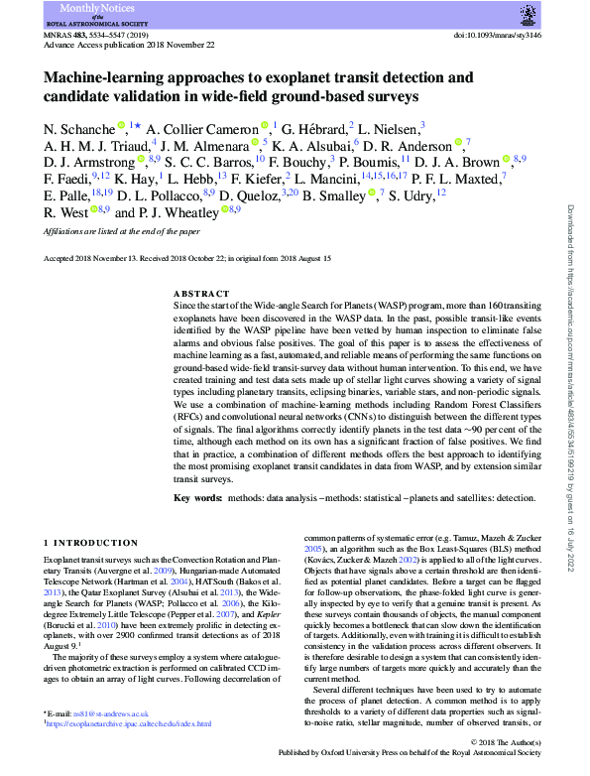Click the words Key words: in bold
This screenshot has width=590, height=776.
(x=197, y=497)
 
